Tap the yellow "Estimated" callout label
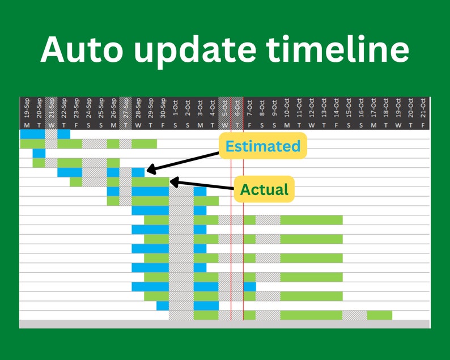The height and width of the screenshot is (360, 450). click(262, 146)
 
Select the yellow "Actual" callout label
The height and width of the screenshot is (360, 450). click(264, 189)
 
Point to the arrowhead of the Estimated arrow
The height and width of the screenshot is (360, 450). click(148, 170)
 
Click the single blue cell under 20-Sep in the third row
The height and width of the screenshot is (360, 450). click(39, 153)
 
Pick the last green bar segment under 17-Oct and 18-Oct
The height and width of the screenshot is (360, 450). click(380, 315)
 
